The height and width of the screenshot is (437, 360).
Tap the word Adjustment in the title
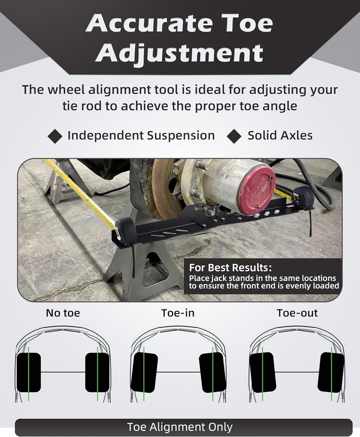click(179, 53)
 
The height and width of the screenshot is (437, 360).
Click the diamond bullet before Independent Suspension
click(55, 135)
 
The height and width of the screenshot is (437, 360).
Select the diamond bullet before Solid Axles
click(234, 135)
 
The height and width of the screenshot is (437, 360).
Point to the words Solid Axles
click(280, 135)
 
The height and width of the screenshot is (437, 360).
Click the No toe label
click(63, 313)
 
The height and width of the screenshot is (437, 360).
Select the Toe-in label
click(178, 313)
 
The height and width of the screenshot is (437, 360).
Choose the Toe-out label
click(297, 313)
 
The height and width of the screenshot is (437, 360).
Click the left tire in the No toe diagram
click(28, 372)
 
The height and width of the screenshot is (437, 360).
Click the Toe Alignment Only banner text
click(180, 427)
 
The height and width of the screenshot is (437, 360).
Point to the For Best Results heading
click(230, 267)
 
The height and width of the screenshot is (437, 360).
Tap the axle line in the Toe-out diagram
click(297, 372)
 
